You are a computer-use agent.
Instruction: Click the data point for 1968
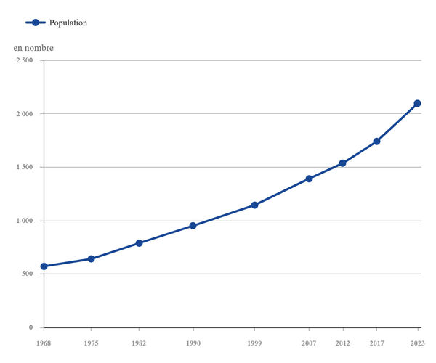click(44, 266)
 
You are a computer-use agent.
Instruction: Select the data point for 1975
click(91, 259)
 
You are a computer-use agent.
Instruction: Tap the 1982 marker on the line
click(139, 243)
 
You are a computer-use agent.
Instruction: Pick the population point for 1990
click(193, 226)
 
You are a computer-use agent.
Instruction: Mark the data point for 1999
click(254, 205)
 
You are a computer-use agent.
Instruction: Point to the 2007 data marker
click(309, 179)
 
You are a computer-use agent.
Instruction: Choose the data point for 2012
click(342, 163)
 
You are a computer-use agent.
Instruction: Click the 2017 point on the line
click(376, 142)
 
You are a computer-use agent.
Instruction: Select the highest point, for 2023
click(417, 103)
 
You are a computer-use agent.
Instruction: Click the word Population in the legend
click(68, 23)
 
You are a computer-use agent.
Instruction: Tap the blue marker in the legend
click(36, 23)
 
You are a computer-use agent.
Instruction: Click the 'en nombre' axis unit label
click(33, 48)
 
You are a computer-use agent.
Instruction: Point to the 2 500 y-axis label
click(25, 60)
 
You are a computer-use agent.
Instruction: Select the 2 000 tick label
click(25, 113)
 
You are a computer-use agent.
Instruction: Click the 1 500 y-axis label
click(25, 167)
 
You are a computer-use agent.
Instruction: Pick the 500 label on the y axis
click(28, 274)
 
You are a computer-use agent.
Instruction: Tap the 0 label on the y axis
click(31, 327)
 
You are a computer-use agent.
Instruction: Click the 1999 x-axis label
click(254, 343)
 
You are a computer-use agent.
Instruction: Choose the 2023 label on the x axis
click(418, 343)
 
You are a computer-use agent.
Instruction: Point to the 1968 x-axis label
click(44, 343)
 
